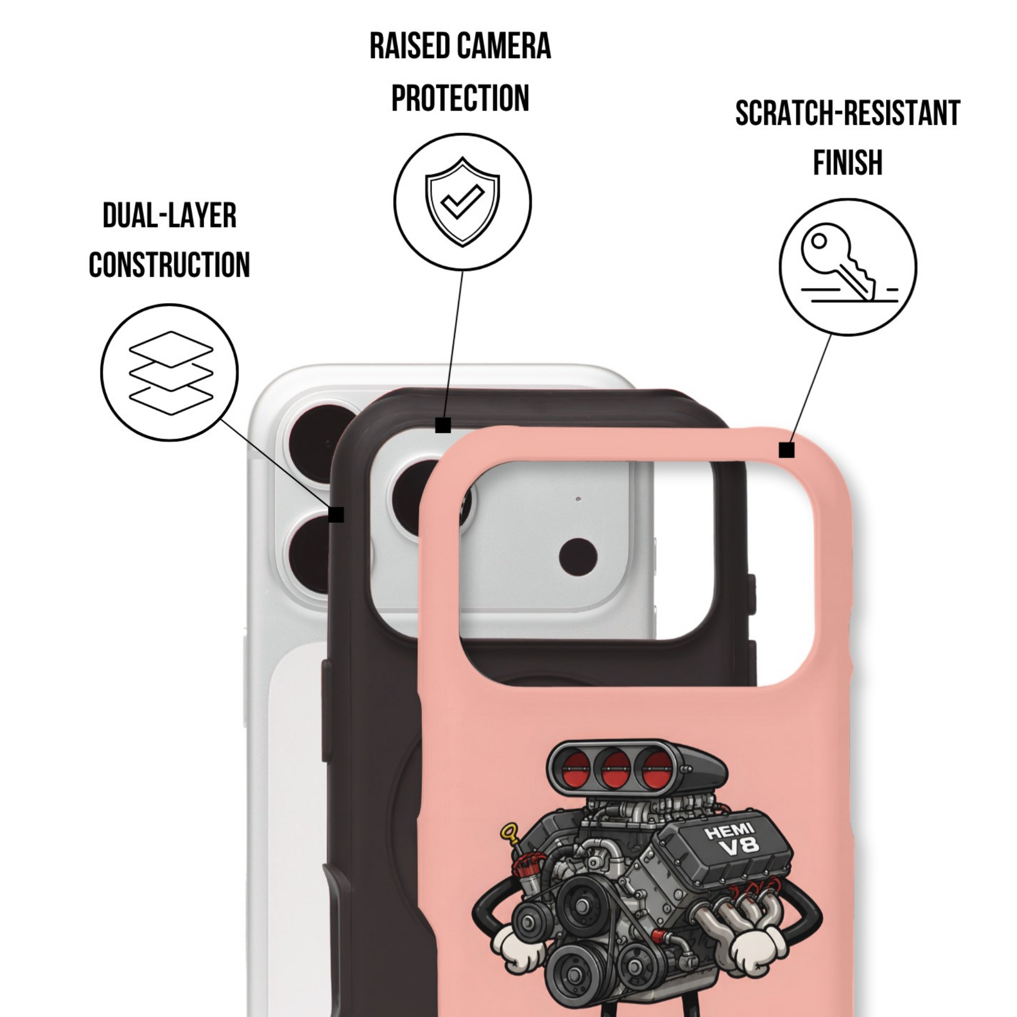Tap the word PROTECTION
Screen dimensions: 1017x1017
tap(460, 98)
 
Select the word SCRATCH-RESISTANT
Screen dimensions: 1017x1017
tap(848, 113)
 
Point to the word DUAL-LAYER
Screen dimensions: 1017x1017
tap(169, 215)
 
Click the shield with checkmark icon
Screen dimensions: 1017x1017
tap(462, 202)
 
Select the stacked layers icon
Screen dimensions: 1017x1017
tap(171, 373)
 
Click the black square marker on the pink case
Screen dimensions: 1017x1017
tap(787, 450)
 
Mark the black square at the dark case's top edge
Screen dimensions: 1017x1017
tap(443, 425)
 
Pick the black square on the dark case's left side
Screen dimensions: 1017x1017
tap(337, 514)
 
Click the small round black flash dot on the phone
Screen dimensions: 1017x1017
tap(578, 557)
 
